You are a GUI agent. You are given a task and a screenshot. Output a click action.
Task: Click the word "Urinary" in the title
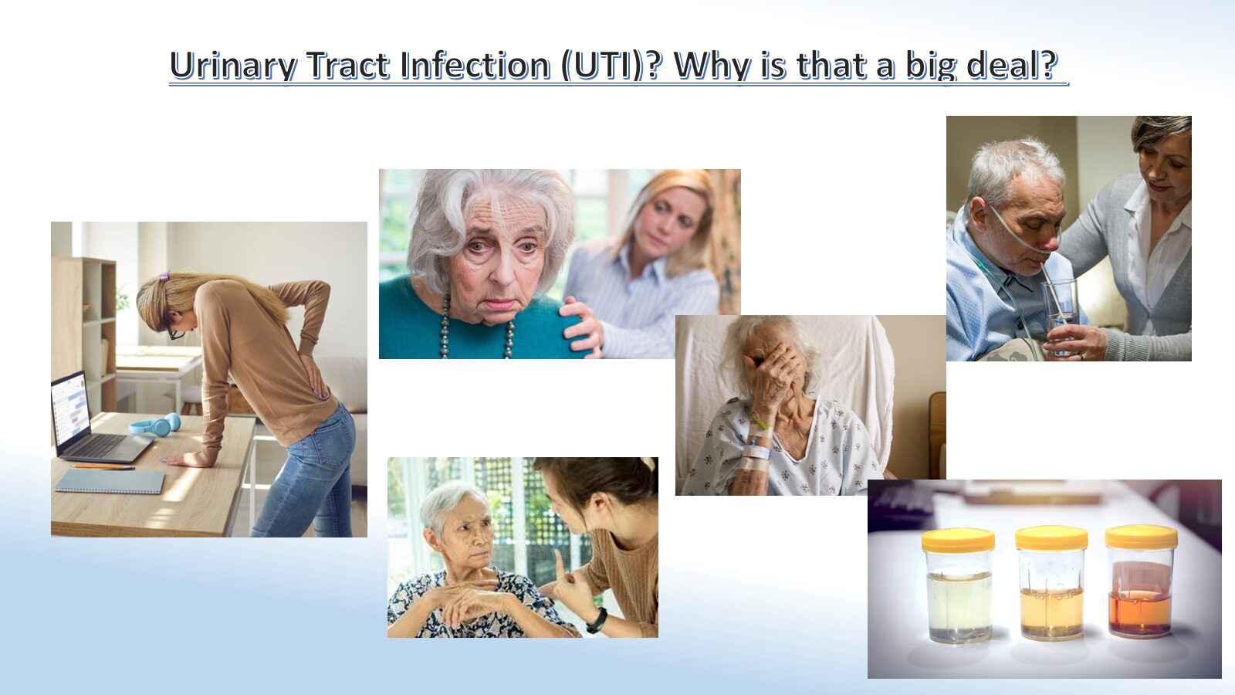[234, 66]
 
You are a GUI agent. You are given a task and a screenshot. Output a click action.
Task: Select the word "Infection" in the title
[475, 65]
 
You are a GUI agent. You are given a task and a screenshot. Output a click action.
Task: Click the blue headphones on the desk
[156, 425]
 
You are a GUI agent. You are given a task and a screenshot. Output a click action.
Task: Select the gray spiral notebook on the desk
[110, 481]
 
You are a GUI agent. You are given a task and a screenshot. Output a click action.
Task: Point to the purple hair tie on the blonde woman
[164, 275]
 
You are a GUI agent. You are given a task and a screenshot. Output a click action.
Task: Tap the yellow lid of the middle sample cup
[1051, 537]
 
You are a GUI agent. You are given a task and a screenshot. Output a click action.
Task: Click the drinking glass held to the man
[1061, 315]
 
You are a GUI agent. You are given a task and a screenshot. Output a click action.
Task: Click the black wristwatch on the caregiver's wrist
[597, 621]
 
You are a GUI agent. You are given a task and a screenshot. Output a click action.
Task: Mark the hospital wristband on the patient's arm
[757, 453]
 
